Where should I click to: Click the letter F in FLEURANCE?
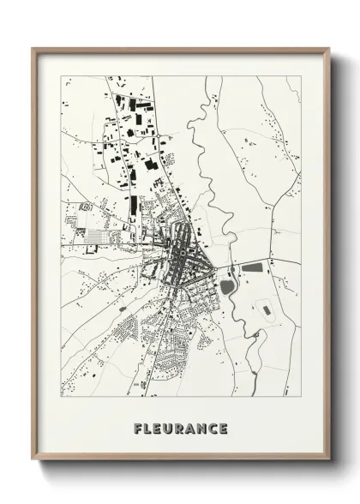[138, 428]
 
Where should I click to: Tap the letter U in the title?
[169, 428]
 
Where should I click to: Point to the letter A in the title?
[190, 428]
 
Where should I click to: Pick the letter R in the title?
[180, 428]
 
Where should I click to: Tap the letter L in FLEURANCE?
[148, 428]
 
